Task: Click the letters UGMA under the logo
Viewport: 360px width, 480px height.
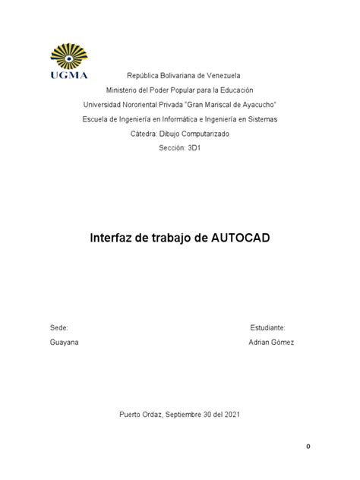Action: [69, 74]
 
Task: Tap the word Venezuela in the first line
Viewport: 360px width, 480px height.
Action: [222, 76]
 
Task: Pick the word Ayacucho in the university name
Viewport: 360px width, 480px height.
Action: [254, 105]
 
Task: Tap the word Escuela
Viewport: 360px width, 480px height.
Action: [96, 119]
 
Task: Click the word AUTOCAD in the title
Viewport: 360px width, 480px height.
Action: [238, 238]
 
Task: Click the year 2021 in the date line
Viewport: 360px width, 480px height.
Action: [231, 414]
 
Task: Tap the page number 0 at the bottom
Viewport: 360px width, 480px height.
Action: [308, 447]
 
